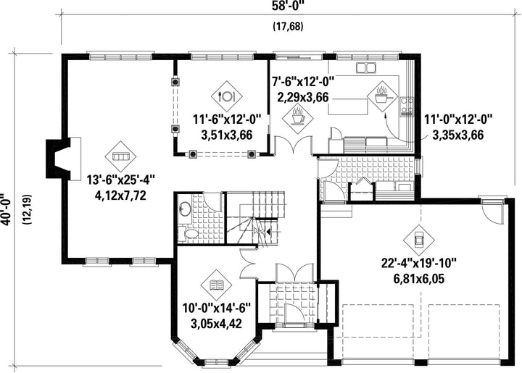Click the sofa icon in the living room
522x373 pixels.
120,156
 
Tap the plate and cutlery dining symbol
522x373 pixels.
227,96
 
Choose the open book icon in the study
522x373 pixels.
216,285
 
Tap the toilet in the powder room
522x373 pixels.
188,233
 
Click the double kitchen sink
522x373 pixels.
366,67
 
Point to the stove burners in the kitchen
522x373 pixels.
407,106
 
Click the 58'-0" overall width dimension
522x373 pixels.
289,7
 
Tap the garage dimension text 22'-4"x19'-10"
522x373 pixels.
418,264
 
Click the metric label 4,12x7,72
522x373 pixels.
120,195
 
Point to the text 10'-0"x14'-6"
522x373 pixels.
216,308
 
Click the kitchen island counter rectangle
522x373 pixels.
349,106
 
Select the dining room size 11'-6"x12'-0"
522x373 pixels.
227,120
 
